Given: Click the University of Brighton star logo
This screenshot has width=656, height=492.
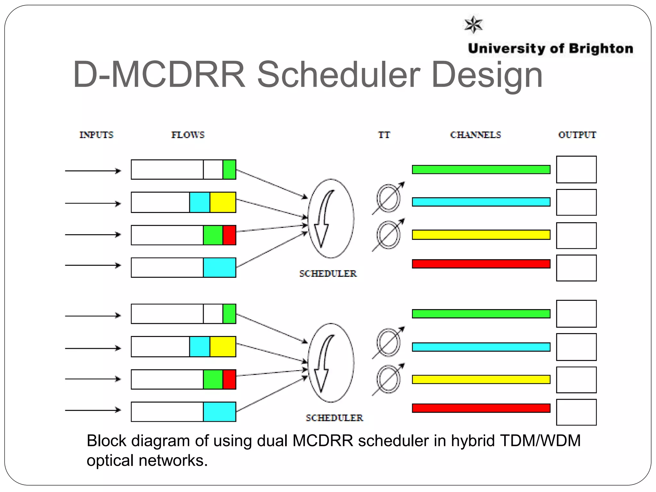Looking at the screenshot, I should coord(473,24).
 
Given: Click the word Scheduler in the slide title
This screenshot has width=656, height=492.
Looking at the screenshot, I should coord(339,75).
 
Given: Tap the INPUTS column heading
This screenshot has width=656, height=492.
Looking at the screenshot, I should coord(96,135).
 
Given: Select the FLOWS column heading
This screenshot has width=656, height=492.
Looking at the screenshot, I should coord(188,135).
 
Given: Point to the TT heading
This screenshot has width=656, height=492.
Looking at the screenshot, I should coord(384,135).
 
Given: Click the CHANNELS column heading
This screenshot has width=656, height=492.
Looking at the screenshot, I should coord(475,135).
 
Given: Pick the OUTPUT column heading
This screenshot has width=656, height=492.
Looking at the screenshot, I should coord(577,135).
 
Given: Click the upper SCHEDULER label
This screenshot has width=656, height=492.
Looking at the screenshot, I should coord(328,274).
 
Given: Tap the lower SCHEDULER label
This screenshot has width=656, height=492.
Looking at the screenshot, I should coord(334,418).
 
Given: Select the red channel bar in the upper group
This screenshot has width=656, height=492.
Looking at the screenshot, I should coord(481,264).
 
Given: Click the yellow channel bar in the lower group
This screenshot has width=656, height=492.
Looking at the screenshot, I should coord(481,380).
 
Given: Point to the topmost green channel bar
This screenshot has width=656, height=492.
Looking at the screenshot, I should coord(481,169).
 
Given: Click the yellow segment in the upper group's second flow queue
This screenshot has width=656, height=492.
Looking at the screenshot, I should coord(223,202).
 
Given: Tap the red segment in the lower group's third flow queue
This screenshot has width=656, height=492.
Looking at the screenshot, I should coord(229,379).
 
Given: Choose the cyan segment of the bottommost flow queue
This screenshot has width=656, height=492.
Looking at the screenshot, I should coord(219,412).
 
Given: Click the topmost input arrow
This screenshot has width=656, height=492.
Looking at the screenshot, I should coord(93,171).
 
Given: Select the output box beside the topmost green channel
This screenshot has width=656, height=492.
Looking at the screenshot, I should coord(576,169).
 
